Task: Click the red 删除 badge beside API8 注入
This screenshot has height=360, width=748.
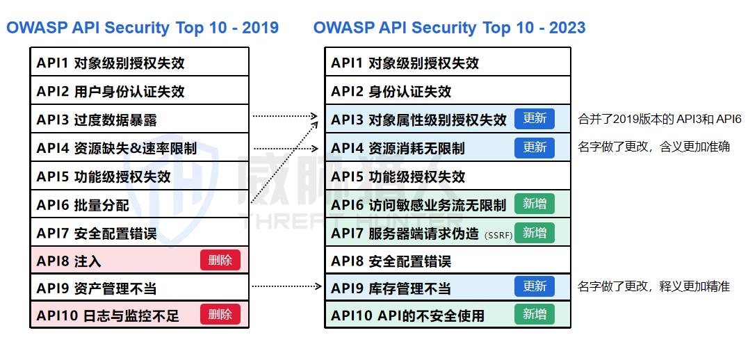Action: tap(220, 261)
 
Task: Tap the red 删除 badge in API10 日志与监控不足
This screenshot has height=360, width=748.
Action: tap(220, 314)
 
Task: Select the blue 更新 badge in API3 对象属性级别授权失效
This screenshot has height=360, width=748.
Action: tap(534, 118)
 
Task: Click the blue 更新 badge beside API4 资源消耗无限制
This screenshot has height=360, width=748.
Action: tap(534, 147)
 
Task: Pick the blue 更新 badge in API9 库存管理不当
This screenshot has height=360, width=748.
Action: tap(534, 286)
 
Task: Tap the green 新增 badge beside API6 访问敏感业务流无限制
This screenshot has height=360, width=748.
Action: tap(534, 204)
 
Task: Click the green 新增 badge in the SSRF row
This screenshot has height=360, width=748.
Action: tap(534, 233)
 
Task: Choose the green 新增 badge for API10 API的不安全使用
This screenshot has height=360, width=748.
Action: tap(534, 314)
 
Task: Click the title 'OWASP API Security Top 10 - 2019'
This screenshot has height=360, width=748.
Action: tap(143, 28)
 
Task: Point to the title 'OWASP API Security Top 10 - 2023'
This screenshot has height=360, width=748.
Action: tap(449, 28)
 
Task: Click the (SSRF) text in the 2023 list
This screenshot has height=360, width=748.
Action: tap(498, 235)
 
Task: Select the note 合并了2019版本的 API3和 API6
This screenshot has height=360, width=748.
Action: tap(660, 119)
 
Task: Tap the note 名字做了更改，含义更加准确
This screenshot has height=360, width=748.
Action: tap(653, 147)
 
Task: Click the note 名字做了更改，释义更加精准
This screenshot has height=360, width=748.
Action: tap(653, 286)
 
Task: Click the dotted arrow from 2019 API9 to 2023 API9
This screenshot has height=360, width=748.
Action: tap(285, 286)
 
